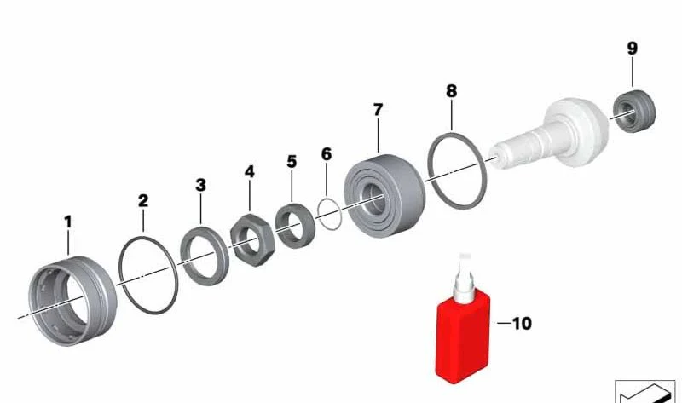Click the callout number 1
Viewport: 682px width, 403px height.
coord(68,222)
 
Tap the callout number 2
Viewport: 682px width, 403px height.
coord(143,201)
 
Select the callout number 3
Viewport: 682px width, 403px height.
coord(200,185)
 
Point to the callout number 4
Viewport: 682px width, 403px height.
coord(249,171)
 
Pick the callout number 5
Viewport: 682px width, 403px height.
coord(292,162)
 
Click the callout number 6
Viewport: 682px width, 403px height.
coord(327,154)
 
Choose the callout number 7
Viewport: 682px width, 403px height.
coord(378,110)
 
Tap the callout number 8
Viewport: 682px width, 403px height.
coord(452,91)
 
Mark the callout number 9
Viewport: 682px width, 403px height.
coord(633,48)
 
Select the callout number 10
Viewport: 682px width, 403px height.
coord(522,324)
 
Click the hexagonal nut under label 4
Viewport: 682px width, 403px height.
coord(252,239)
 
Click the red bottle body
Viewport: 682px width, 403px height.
coord(463,337)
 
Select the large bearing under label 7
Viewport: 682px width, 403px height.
coord(384,196)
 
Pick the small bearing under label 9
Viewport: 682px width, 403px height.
coord(634,112)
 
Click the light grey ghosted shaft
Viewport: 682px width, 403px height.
coord(550,132)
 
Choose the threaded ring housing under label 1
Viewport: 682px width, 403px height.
coord(72,301)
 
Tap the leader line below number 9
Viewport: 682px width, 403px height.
coord(633,72)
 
